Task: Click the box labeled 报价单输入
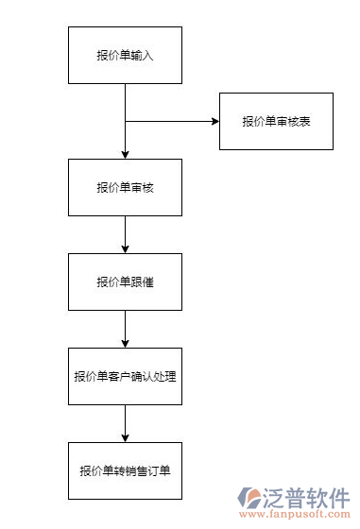tap(125, 55)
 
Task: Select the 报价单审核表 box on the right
tap(276, 121)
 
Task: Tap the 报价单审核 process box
tap(125, 187)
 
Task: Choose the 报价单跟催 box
tap(125, 282)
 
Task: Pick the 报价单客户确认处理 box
tap(125, 376)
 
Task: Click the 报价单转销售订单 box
tap(125, 470)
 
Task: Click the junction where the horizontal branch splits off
tap(125, 121)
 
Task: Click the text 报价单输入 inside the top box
tap(125, 55)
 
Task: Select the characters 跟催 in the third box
tap(142, 282)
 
